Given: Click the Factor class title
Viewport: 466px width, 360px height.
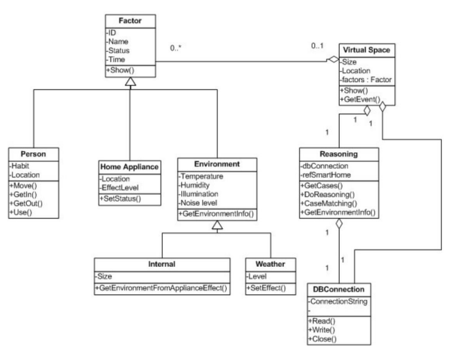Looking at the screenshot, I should point(130,23).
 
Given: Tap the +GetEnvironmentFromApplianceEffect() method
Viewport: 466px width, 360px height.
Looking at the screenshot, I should point(162,286).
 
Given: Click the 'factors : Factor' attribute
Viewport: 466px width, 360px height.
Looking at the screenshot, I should point(366,79).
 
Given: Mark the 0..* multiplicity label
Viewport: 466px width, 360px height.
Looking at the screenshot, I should point(176,49).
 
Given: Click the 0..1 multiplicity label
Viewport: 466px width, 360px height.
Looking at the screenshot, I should point(317,46).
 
